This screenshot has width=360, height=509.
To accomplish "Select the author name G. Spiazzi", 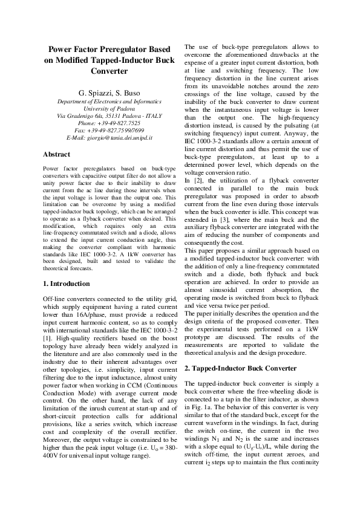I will coord(85,92).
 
